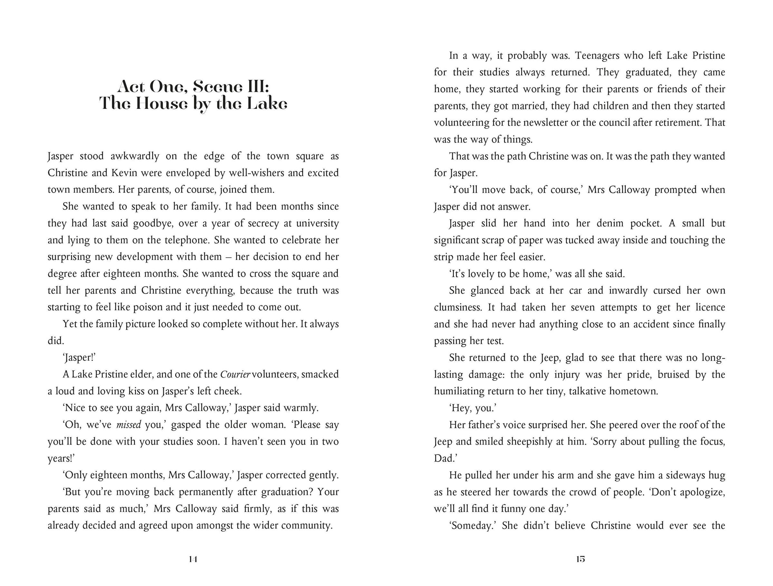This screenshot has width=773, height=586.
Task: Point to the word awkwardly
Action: tap(135, 156)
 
